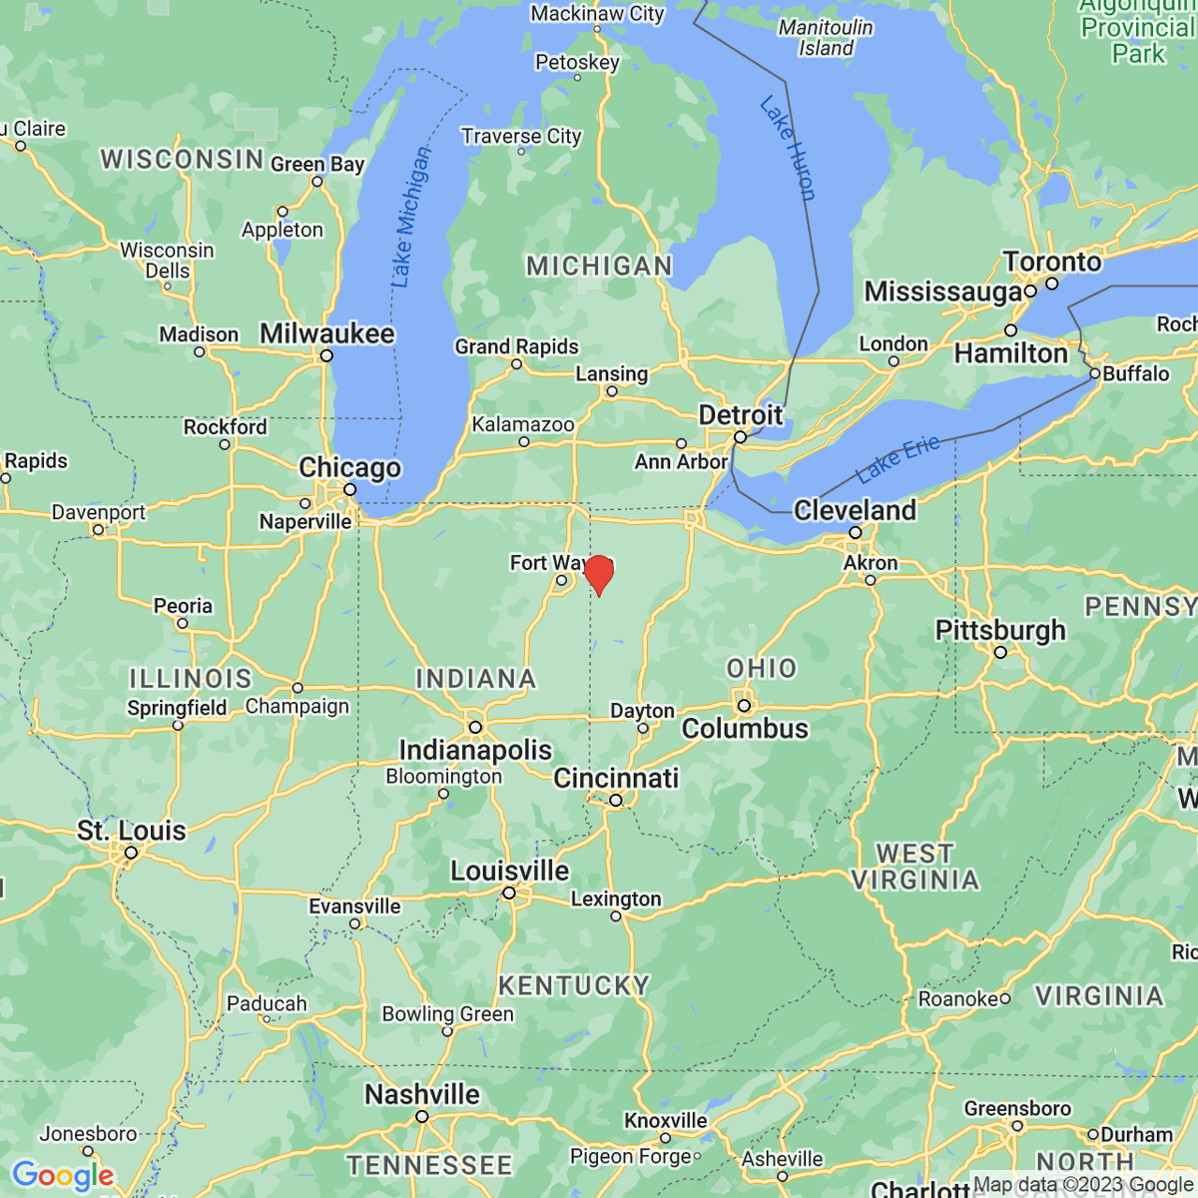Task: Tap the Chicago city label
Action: coord(349,467)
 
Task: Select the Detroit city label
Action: coord(740,415)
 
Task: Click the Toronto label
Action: coord(1052,262)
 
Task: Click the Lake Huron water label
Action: coord(788,148)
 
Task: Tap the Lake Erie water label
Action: coord(898,458)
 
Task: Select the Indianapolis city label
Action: coord(475,750)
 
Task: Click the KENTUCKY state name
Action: coord(574,986)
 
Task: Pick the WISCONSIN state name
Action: coord(182,160)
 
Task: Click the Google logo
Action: coord(63,1175)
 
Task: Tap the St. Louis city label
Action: coord(132,831)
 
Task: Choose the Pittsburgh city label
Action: coord(1000,631)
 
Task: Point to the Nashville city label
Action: coord(421,1095)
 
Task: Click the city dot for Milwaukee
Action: coord(326,355)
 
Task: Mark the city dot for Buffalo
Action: coord(1095,373)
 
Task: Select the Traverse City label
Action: coord(521,136)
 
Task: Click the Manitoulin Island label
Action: coord(826,38)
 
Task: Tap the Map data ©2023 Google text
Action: coord(1083,1185)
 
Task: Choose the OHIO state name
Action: coord(762,668)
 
